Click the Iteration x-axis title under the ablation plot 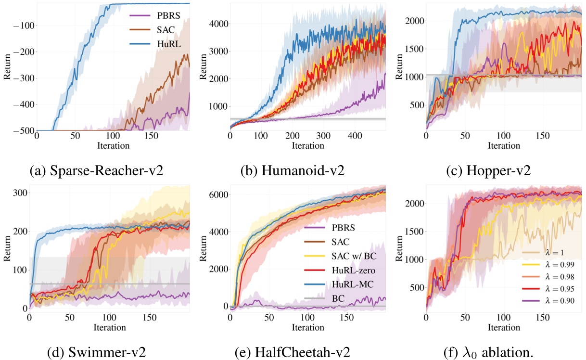(504, 327)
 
